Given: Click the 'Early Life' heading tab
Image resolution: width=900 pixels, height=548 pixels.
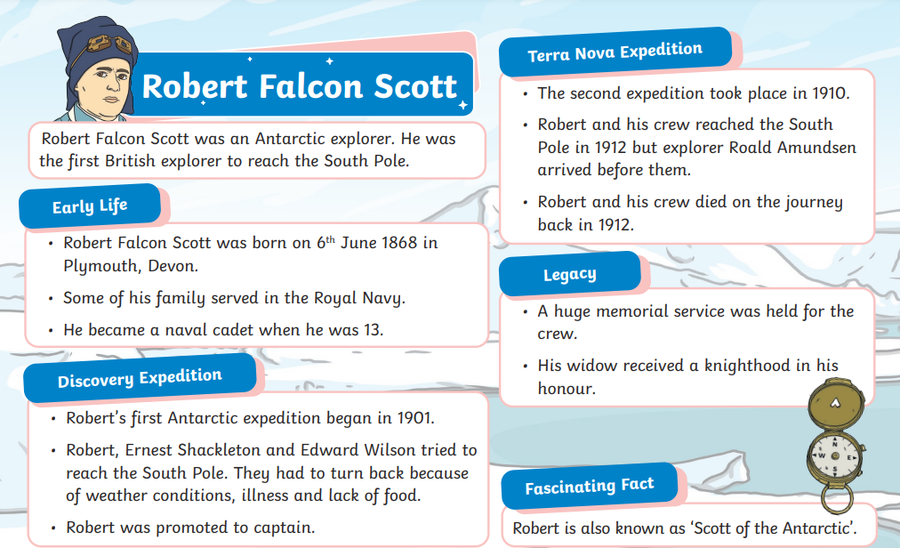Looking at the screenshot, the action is (90, 205).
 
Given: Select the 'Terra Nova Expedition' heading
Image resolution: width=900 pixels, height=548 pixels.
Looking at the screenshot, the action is (615, 52).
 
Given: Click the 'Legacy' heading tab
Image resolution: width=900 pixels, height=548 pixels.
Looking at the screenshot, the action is (570, 274).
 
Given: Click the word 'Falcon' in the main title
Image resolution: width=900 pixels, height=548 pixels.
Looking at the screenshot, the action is (310, 87).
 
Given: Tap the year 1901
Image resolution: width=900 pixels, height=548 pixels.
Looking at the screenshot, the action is (413, 417).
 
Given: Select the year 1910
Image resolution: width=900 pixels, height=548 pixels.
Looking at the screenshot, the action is (829, 93).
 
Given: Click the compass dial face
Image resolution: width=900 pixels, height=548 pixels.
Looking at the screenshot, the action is (835, 455).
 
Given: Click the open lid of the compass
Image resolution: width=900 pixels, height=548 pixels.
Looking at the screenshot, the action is (836, 404).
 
